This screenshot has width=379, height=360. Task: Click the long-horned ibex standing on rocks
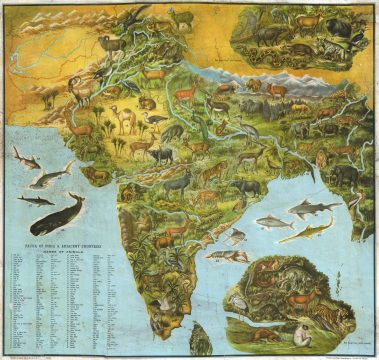(x=182, y=17)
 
